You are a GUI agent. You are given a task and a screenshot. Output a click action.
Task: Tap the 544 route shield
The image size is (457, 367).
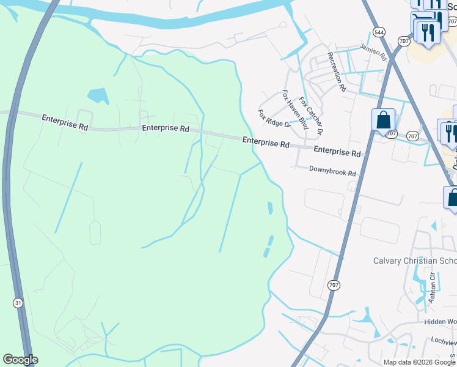click(x=380, y=31)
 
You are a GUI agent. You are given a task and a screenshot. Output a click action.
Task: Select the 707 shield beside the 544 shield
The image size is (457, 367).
click(x=403, y=41)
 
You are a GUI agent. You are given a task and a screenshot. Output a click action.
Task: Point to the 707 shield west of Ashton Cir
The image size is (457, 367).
click(x=333, y=285)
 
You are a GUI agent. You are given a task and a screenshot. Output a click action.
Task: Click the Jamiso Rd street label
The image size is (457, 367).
click(x=374, y=51)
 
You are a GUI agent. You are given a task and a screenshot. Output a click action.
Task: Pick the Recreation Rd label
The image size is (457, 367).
click(x=337, y=72)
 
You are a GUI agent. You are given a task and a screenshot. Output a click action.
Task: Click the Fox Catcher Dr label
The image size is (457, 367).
click(x=310, y=116)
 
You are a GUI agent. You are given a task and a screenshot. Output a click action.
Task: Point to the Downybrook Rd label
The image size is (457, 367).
click(x=332, y=172)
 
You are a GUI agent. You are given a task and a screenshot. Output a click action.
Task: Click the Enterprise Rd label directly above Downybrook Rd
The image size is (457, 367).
click(x=337, y=152)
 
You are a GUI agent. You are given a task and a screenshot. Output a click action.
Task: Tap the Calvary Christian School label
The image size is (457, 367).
click(x=415, y=261)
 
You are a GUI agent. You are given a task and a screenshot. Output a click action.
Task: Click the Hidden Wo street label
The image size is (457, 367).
click(x=441, y=321)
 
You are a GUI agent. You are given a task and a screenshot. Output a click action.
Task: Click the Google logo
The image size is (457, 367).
click(x=20, y=360)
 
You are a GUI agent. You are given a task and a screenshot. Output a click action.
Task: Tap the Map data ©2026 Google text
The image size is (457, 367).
click(x=419, y=362)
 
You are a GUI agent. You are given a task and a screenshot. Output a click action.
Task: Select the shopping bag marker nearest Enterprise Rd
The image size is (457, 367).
click(x=383, y=120)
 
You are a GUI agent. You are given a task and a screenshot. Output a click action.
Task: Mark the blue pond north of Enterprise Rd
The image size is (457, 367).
click(x=98, y=95)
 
